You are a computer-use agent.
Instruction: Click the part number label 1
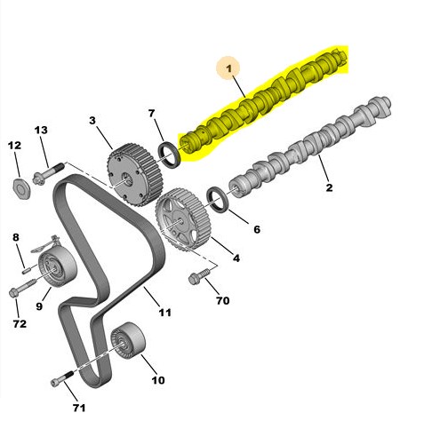point(228,68)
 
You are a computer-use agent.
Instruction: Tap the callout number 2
point(329,187)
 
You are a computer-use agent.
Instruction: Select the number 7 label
point(151,113)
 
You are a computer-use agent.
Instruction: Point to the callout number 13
point(41,130)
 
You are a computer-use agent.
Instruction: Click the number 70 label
point(223,300)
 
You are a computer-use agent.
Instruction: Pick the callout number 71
point(79,408)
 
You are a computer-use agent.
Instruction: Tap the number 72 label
point(20,323)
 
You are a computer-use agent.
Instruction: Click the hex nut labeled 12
point(22,188)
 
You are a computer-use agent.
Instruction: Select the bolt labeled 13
point(49,173)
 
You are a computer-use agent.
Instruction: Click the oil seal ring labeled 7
point(170,155)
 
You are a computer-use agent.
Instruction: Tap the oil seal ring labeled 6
point(219,199)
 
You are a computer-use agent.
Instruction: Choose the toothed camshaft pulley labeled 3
point(134,175)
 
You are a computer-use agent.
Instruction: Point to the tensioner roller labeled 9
point(57,267)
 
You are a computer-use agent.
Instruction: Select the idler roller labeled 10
point(128,340)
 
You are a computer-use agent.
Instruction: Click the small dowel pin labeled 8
point(27,270)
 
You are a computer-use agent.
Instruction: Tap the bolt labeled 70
point(199,276)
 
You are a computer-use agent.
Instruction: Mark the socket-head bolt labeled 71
point(62,378)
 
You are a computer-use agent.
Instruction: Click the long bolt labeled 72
point(22,287)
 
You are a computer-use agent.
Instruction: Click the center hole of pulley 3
point(127,179)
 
